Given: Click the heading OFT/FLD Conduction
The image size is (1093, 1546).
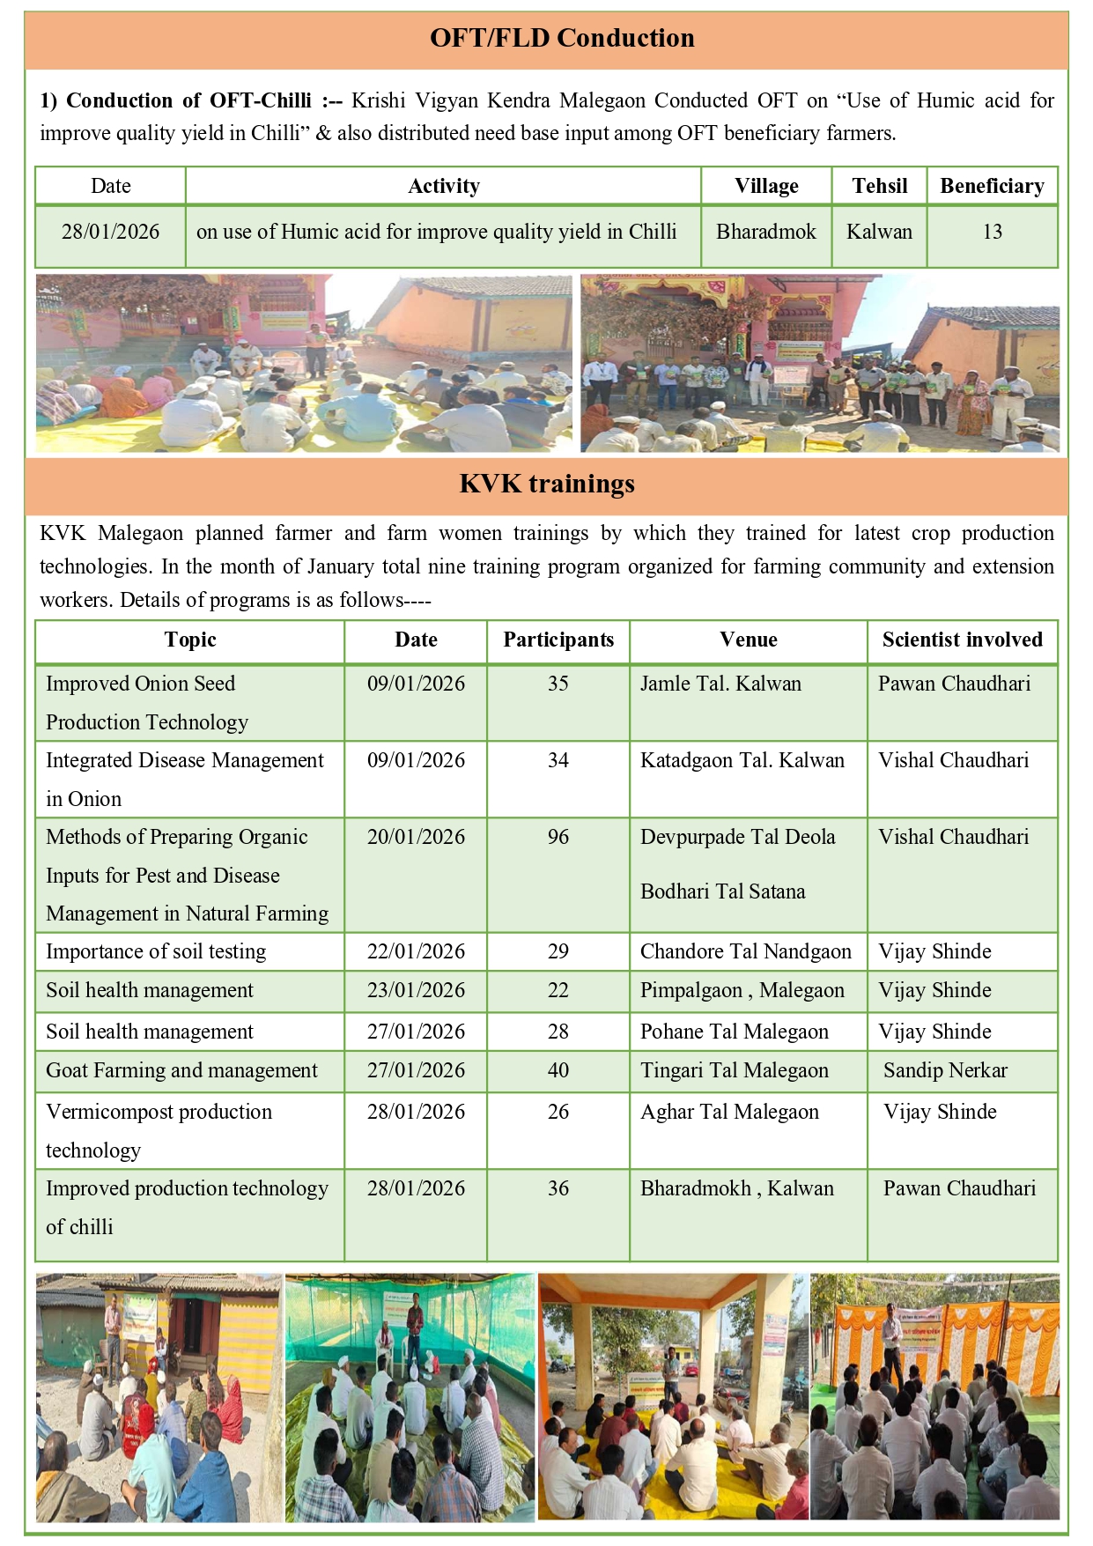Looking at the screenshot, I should click(x=562, y=38).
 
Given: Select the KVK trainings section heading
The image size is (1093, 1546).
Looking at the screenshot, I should click(x=546, y=484).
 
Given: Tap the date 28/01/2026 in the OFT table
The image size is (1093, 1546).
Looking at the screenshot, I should click(x=110, y=232).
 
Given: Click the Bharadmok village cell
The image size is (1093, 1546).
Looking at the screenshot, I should click(x=765, y=232).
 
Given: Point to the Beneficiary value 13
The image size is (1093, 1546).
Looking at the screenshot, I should click(x=992, y=232).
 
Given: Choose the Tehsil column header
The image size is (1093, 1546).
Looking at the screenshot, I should click(x=879, y=186).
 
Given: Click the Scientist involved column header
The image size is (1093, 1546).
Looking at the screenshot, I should click(x=962, y=640).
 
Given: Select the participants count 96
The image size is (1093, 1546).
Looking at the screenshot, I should click(x=558, y=837).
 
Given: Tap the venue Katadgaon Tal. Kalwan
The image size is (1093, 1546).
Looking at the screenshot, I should click(x=742, y=760).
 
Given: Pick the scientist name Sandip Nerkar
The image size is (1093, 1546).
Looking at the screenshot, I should click(x=945, y=1070).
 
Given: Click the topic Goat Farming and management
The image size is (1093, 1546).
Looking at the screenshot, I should click(x=181, y=1070).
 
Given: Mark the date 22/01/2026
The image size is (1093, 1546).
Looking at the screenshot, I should click(x=416, y=951).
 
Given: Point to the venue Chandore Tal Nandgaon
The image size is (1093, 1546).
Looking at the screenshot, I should click(x=745, y=951).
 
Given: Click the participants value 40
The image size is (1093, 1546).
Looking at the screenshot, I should click(x=558, y=1070).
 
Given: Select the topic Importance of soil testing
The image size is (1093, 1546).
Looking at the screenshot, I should click(x=156, y=951).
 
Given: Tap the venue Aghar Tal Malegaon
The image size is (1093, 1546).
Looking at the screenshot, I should click(x=729, y=1112).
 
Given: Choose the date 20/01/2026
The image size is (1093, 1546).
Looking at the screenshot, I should click(x=416, y=837).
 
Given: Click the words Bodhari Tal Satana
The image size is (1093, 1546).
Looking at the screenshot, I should click(x=722, y=891).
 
